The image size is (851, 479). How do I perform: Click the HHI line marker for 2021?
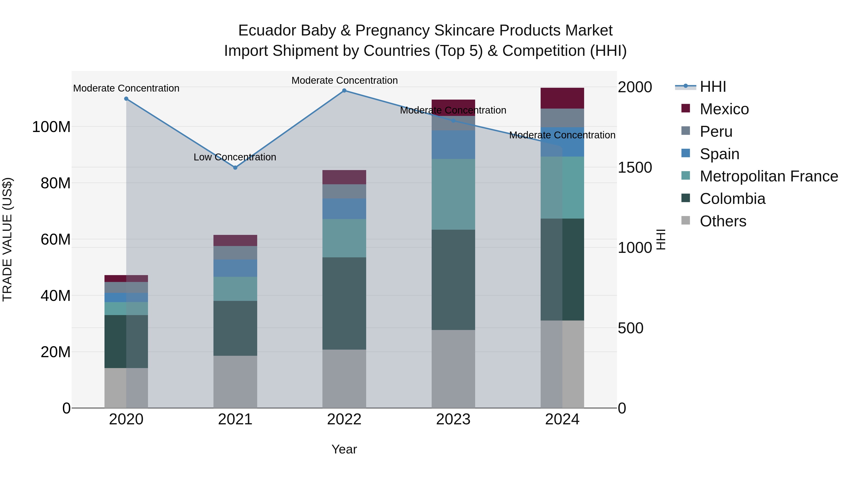pyautogui.click(x=235, y=168)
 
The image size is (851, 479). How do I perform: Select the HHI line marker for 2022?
pyautogui.click(x=344, y=91)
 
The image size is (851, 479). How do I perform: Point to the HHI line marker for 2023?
pyautogui.click(x=453, y=121)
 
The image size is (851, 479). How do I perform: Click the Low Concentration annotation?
pyautogui.click(x=235, y=157)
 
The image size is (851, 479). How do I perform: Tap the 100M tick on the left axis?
pyautogui.click(x=51, y=127)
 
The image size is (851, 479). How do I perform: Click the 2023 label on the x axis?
pyautogui.click(x=453, y=419)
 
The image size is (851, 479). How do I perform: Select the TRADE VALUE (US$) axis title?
pyautogui.click(x=7, y=239)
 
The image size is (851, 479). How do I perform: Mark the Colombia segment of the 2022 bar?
pyautogui.click(x=344, y=303)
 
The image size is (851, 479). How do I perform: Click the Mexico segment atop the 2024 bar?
pyautogui.click(x=562, y=98)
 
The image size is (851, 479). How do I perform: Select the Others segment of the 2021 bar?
pyautogui.click(x=235, y=382)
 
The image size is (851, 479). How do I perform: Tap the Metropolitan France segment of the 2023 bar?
pyautogui.click(x=453, y=194)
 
